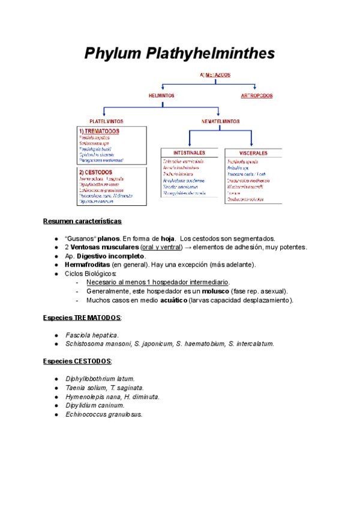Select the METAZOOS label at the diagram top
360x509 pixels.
218,75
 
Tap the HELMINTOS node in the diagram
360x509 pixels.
161,95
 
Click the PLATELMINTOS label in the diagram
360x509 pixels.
106,121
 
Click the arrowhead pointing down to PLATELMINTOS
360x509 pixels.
104,115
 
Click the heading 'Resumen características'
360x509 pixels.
82,221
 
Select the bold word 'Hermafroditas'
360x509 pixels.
88,264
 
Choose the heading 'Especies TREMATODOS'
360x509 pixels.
82,317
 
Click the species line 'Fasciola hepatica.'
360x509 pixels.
92,334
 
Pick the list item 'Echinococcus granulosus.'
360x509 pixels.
104,414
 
